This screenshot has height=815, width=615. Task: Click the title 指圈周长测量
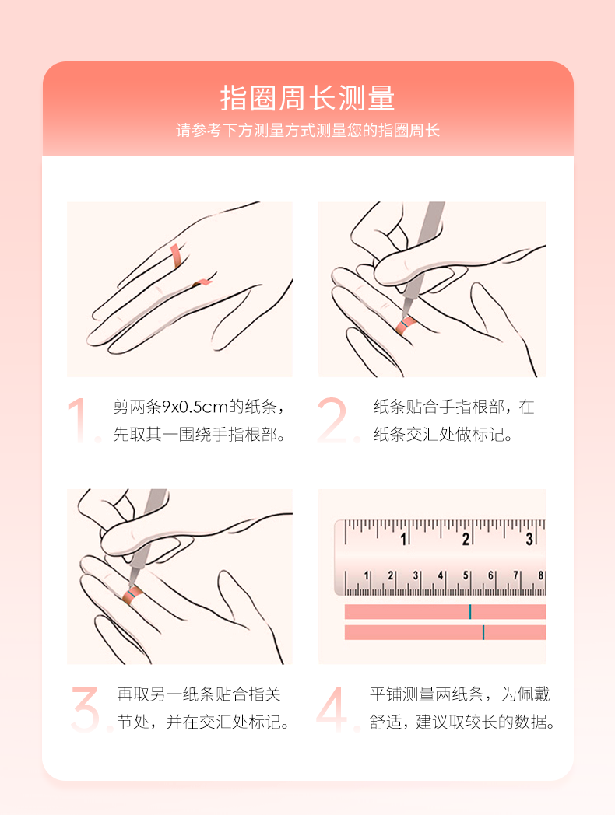307,98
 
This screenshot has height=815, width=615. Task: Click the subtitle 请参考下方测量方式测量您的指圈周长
307,130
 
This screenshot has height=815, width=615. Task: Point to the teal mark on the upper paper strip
470,612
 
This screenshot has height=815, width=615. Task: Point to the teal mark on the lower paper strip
483,632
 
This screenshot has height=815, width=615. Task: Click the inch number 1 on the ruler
403,540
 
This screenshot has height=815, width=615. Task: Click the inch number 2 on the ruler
466,540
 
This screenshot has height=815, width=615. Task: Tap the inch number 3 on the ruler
529,540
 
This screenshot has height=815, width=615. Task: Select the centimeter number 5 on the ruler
466,575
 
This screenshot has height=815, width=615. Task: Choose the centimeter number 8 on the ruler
540,575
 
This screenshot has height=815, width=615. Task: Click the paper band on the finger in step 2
406,325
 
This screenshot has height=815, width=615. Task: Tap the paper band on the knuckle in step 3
132,593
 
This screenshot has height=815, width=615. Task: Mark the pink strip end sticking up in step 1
175,256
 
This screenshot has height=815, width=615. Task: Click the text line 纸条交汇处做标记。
443,435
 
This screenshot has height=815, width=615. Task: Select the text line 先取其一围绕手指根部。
199,435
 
